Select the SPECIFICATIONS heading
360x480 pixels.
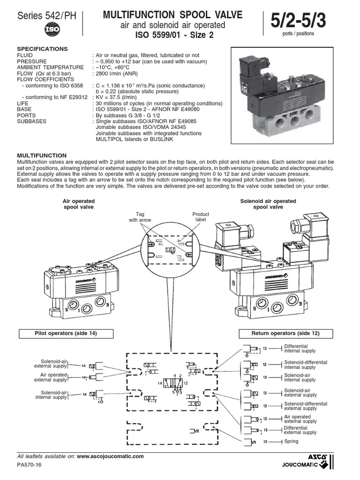[42, 49]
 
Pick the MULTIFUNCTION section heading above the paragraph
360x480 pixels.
[42, 155]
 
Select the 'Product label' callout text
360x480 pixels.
[201, 217]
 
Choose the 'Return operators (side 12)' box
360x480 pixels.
[285, 333]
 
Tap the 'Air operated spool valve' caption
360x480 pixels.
[79, 204]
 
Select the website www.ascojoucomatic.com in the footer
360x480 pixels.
[110, 456]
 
